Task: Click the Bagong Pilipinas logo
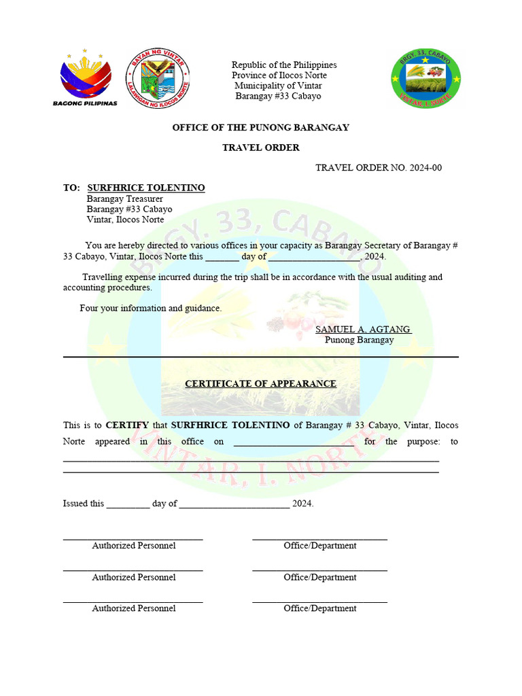(85, 77)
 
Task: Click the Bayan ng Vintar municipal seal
(158, 77)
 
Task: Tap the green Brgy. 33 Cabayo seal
(425, 78)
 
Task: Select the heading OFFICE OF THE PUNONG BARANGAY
(260, 128)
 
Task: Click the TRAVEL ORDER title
(260, 147)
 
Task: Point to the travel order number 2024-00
(379, 168)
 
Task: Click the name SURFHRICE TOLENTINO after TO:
(146, 188)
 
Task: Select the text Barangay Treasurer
(124, 198)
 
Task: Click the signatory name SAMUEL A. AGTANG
(362, 329)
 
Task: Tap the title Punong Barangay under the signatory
(359, 340)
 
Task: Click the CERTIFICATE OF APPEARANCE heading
(260, 383)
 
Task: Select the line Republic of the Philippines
(284, 65)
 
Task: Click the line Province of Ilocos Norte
(279, 75)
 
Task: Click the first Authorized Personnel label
(134, 546)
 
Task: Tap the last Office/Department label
(319, 608)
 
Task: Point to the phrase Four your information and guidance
(150, 308)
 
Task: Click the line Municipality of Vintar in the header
(278, 86)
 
